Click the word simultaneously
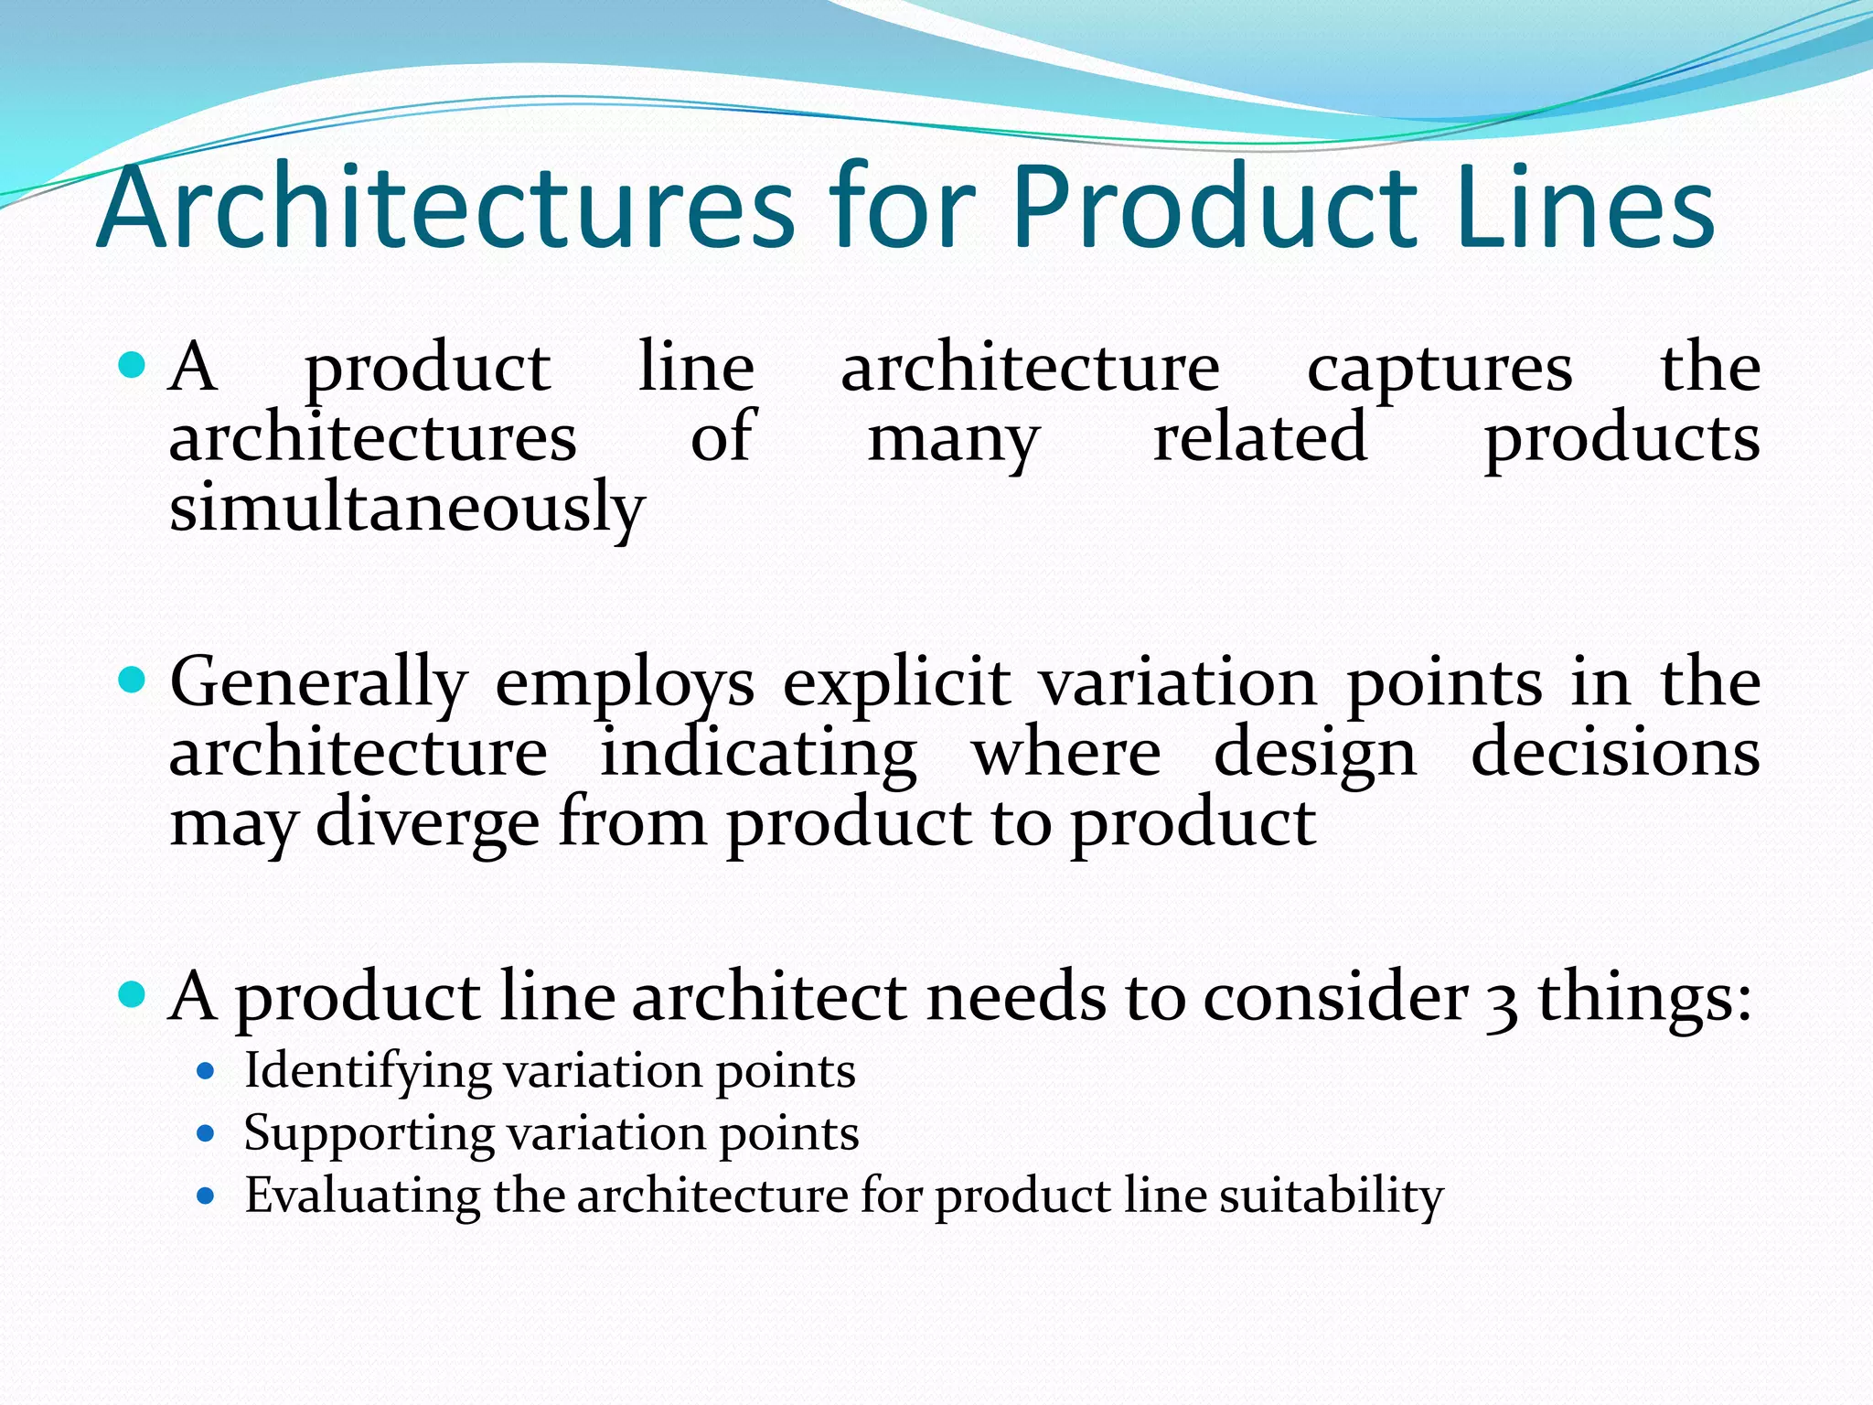coord(407,508)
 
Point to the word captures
coord(1440,369)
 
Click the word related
coord(1260,437)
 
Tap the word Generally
coord(318,683)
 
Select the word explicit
coord(897,683)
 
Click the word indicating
coord(758,754)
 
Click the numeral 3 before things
coord(1502,1000)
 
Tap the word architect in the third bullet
coord(769,996)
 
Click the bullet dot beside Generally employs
coord(133,681)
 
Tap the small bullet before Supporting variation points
coord(206,1134)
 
